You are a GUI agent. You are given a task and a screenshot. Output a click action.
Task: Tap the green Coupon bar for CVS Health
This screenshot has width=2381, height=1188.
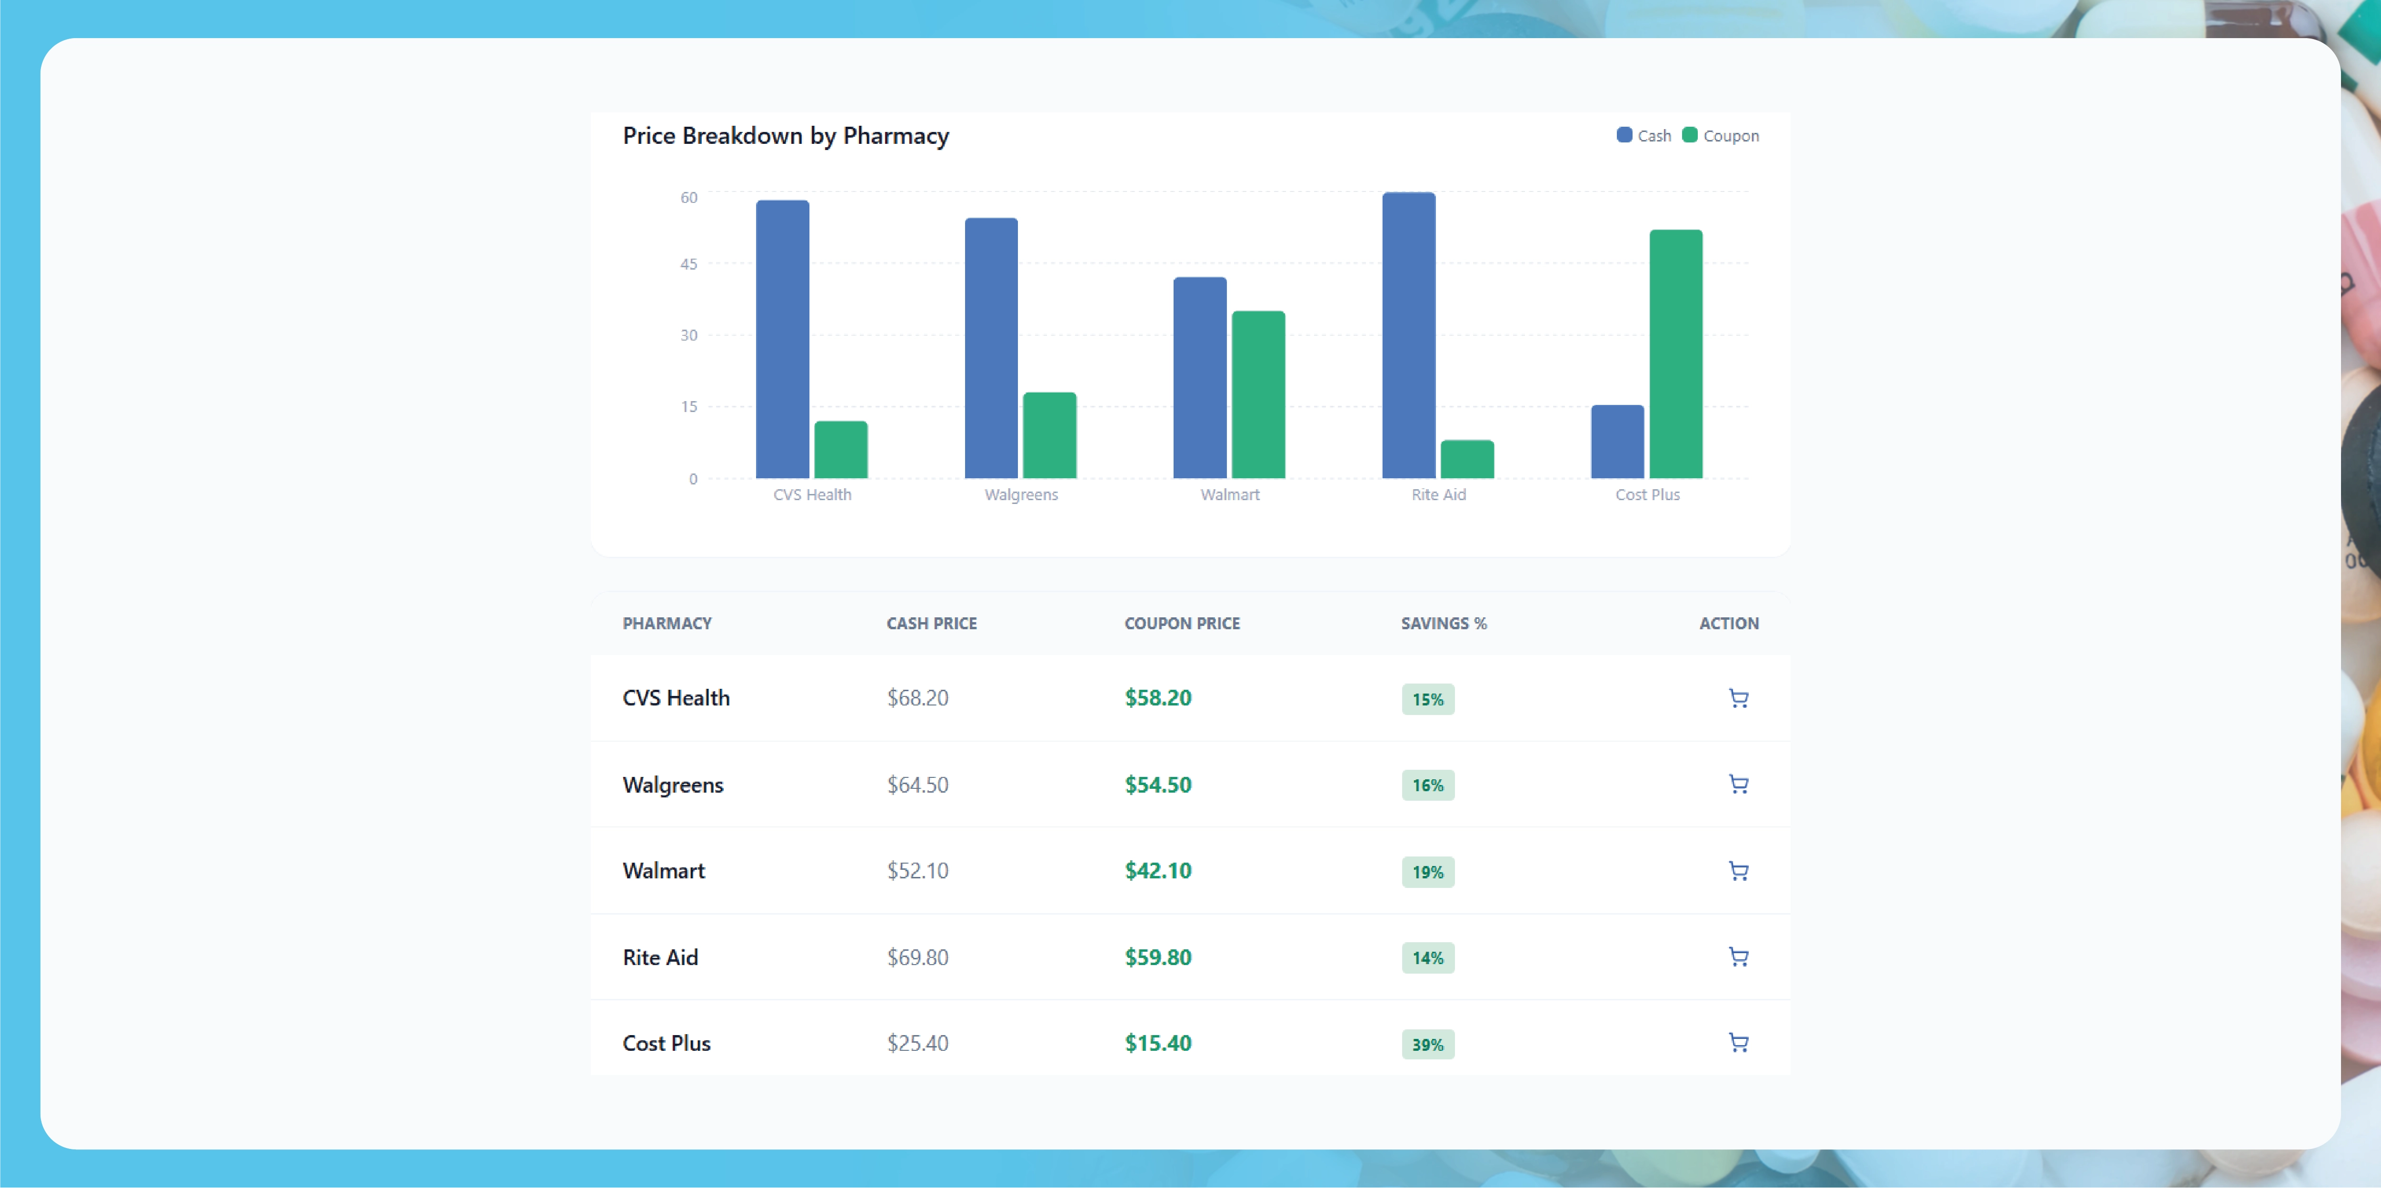coord(840,450)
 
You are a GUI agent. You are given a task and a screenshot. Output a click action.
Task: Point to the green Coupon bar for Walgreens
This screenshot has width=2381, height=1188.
coord(1049,435)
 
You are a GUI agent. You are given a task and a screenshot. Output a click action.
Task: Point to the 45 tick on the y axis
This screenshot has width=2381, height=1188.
coord(688,264)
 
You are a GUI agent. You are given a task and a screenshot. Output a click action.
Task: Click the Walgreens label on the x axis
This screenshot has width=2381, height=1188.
coord(1020,494)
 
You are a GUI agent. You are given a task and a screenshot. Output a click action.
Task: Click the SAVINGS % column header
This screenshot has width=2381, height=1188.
coord(1443,623)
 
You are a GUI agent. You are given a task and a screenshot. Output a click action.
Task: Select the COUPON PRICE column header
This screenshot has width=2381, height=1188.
coord(1181,623)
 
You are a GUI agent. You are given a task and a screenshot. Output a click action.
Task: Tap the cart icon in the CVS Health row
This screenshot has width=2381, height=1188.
coord(1738,699)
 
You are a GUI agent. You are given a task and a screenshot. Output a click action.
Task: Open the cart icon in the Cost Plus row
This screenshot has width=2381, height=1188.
coord(1738,1043)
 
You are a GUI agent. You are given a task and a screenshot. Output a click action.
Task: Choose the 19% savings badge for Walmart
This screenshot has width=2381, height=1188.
coord(1427,872)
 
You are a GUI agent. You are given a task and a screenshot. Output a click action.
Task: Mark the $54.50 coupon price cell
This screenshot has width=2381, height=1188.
coord(1157,785)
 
